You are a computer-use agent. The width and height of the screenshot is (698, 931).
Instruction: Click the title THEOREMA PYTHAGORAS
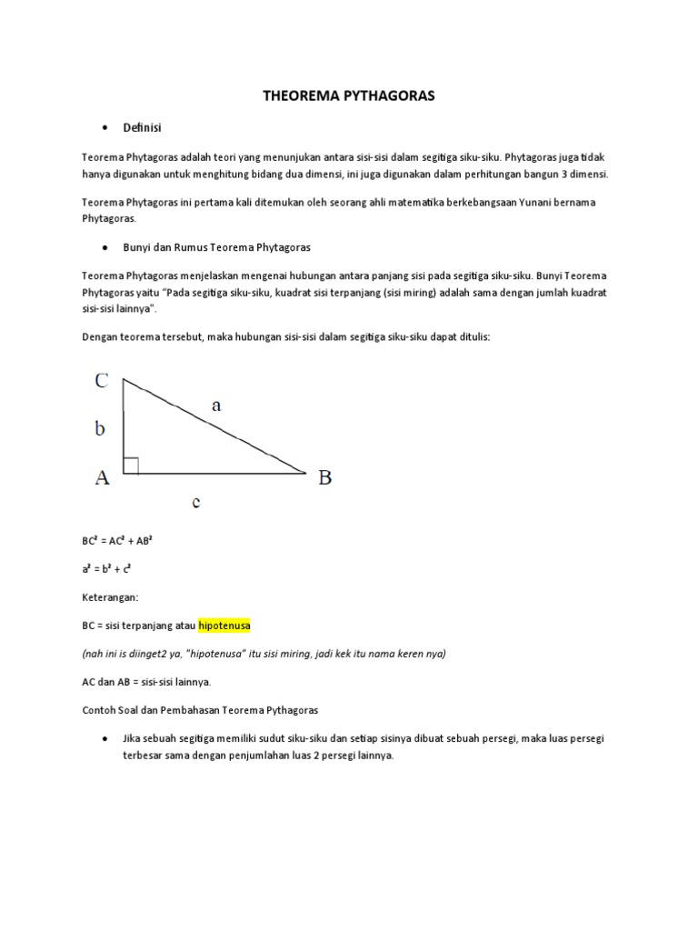coord(348,95)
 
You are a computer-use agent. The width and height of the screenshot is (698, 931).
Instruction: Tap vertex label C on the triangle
coord(102,382)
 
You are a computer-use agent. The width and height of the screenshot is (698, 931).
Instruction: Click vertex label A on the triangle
coord(102,477)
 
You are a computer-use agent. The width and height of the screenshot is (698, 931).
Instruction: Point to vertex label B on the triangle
coord(324,477)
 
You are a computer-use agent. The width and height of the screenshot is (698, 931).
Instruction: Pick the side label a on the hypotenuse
coord(216,406)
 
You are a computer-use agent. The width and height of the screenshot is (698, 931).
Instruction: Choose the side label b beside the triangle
coord(100,429)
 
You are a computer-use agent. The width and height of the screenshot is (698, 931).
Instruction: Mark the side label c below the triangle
coord(196,501)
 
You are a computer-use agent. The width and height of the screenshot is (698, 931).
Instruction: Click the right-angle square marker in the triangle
coord(130,465)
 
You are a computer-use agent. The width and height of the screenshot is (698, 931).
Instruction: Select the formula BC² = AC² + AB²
coord(118,539)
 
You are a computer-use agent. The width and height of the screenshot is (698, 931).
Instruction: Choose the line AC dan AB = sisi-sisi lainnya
coord(145,681)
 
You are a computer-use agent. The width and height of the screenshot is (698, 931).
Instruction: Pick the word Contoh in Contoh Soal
coord(99,709)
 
